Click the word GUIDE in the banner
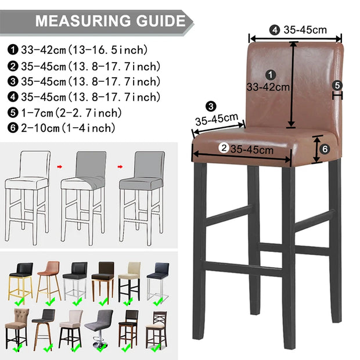tap(161, 21)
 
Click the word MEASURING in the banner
tap(84, 21)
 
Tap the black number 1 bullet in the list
tap(13, 50)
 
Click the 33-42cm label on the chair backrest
tap(268, 87)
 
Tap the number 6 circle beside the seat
tap(325, 149)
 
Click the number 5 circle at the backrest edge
tap(337, 85)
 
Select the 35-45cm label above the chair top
tap(305, 30)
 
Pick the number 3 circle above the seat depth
tap(211, 106)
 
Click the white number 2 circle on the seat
tap(224, 148)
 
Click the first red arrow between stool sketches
tap(60, 167)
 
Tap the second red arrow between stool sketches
tap(120, 167)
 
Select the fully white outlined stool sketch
tap(27, 197)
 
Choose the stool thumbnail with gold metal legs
tap(21, 282)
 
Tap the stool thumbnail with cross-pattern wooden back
tap(157, 329)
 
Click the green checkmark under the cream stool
tap(128, 301)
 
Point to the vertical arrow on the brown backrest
tap(292, 84)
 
